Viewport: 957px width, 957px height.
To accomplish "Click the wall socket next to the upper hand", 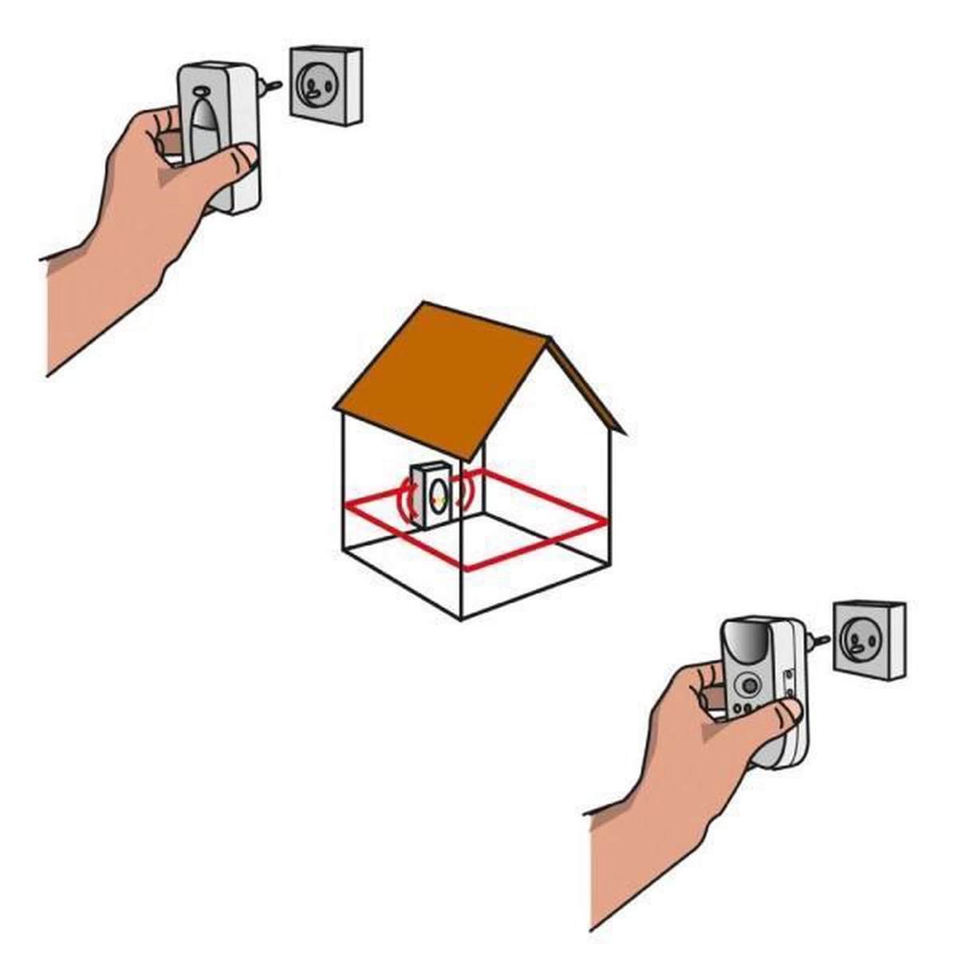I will [325, 85].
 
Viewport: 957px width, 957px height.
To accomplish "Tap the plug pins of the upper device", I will [273, 85].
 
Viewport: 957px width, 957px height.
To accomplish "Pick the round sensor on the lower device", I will [749, 685].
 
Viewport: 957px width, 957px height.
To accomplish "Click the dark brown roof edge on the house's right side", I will [586, 391].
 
